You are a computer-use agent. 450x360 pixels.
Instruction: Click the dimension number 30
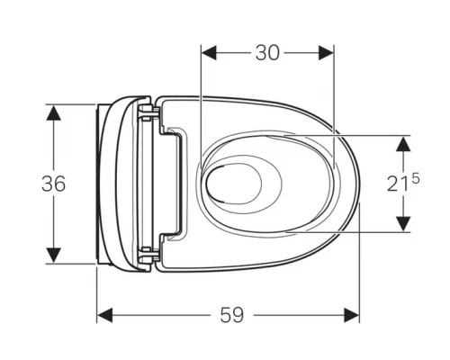point(267,53)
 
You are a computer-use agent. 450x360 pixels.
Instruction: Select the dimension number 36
point(53,184)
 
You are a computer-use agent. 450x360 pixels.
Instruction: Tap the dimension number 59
point(232,315)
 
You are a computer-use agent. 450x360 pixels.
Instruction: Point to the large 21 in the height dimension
point(398,184)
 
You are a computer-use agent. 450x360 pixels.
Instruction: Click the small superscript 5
point(416,179)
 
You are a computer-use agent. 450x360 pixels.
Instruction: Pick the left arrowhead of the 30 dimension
point(209,53)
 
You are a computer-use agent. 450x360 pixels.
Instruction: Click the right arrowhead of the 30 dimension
point(326,53)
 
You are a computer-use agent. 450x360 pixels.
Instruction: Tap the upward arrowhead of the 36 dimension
point(54,113)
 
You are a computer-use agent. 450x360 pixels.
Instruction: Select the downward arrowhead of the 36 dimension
point(54,256)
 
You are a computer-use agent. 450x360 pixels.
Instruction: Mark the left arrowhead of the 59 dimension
point(104,315)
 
